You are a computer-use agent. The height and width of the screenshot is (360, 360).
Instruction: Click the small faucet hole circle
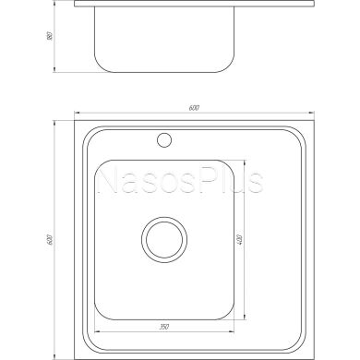[x=166, y=140]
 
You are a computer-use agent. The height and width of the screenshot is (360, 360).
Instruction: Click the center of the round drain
[x=164, y=241]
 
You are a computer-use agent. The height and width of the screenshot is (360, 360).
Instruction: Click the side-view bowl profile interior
[x=164, y=37]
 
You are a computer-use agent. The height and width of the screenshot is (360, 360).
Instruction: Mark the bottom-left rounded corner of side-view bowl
[x=101, y=66]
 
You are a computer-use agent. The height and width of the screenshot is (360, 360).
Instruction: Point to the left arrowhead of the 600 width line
[x=78, y=115]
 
